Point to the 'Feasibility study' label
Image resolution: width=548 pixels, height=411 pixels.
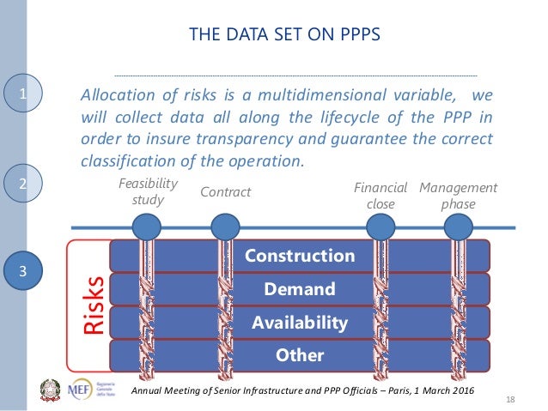(x=147, y=191)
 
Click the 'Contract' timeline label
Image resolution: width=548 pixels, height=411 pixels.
(x=225, y=192)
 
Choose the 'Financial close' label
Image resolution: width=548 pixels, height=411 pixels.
(x=381, y=196)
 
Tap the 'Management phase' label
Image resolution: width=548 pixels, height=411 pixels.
(x=458, y=196)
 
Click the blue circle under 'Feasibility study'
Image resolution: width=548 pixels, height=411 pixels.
(x=147, y=227)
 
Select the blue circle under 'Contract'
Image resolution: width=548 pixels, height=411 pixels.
(x=225, y=227)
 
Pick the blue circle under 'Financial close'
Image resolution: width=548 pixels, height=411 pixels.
(x=381, y=227)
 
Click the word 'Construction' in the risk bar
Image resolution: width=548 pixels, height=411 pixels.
(x=299, y=256)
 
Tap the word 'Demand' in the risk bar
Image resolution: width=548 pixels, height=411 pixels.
(x=299, y=289)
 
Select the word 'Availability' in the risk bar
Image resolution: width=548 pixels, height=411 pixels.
(x=299, y=323)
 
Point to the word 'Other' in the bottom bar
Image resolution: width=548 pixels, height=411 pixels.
(x=299, y=355)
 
